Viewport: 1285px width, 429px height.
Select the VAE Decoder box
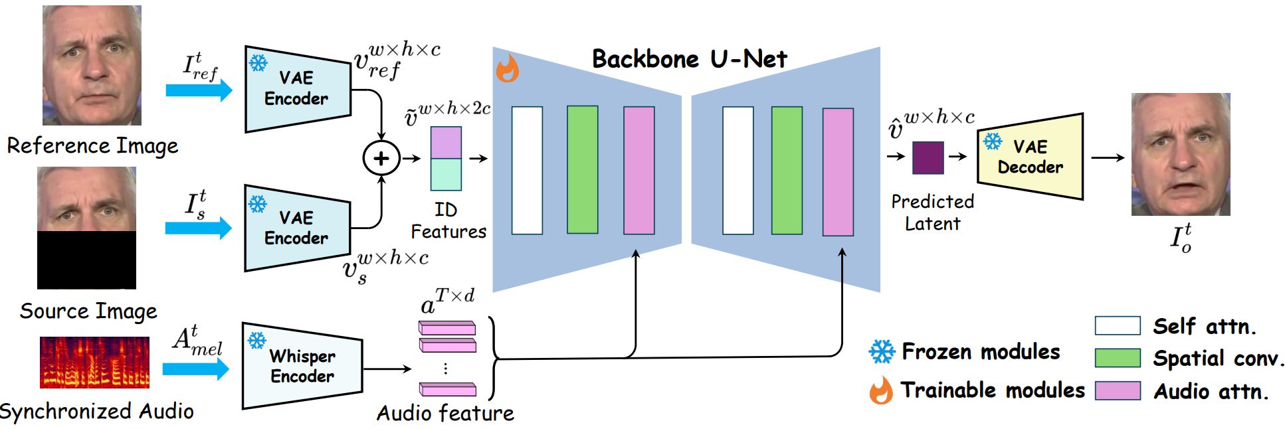coord(1029,157)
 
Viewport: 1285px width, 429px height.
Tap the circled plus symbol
coord(381,158)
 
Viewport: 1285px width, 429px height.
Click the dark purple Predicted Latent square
coord(928,157)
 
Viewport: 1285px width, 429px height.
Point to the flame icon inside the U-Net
coord(508,68)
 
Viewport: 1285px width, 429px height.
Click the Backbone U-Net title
coord(689,59)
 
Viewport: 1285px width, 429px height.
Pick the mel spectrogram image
coord(94,362)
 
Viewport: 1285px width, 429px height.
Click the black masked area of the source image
coord(86,260)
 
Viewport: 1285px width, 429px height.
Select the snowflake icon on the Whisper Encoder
coord(256,340)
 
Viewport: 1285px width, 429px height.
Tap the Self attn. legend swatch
coord(1118,325)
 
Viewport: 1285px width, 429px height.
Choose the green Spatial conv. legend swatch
coord(1118,358)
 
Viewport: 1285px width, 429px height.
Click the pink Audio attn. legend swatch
coord(1118,390)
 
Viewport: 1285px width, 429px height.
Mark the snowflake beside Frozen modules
coord(882,351)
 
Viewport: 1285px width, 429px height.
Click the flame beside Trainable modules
coord(881,390)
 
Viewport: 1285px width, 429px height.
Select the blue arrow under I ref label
coord(199,90)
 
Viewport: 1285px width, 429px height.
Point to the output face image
coord(1180,154)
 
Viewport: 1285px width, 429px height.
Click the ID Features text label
coord(448,220)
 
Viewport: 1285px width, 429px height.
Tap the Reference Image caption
coord(92,145)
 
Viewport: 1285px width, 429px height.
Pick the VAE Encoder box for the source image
coord(297,228)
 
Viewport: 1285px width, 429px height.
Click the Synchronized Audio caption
coord(97,412)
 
